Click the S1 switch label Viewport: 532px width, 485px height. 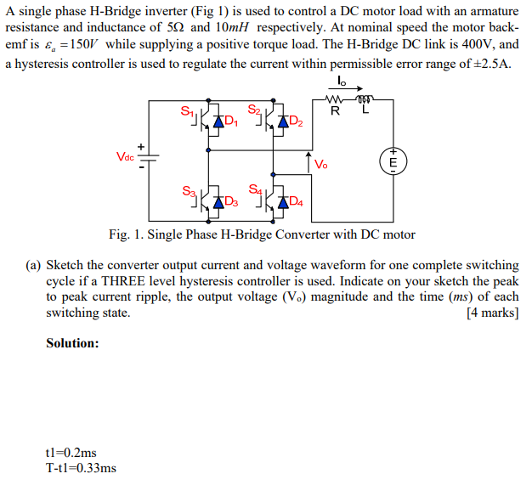[187, 110]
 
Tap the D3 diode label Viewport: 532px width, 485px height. [231, 202]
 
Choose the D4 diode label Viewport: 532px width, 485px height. [296, 202]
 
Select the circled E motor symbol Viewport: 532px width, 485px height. [393, 161]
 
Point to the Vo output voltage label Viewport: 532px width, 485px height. [320, 165]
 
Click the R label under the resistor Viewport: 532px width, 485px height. [335, 111]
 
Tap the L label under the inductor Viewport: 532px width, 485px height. [365, 111]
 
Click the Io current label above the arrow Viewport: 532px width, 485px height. [342, 82]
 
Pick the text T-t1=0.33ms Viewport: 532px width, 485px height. [82, 468]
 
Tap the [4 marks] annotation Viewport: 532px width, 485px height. [492, 313]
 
